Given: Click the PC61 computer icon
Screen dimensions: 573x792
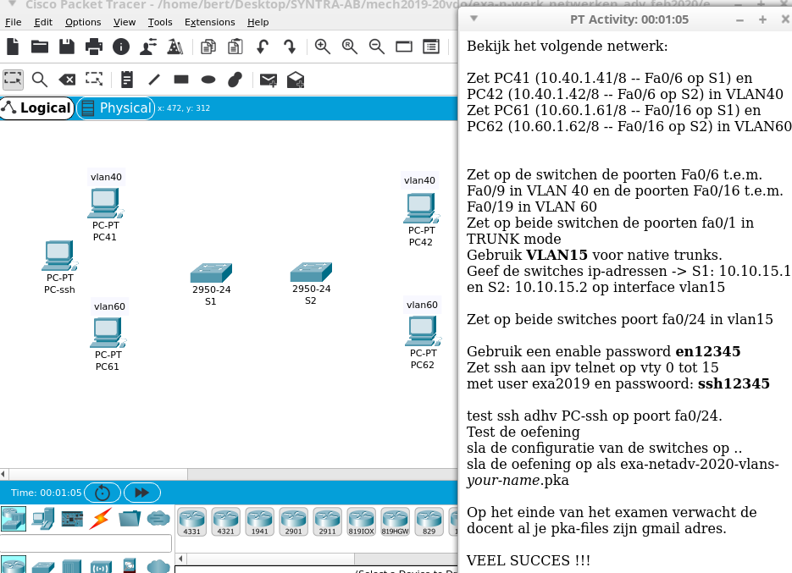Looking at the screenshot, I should (x=107, y=332).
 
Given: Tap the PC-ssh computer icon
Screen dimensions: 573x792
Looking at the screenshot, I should (x=58, y=255).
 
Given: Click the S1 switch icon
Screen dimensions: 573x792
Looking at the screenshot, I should (x=210, y=273).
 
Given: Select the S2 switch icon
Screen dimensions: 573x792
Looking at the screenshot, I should (x=310, y=272).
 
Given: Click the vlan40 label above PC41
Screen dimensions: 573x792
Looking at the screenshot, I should (x=106, y=177).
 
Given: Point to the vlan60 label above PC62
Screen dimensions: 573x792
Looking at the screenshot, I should (x=422, y=305).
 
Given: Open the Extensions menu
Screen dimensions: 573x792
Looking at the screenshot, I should (x=209, y=22).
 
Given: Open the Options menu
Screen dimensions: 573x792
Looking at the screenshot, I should (x=83, y=22).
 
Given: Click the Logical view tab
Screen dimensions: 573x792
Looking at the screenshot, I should (x=36, y=108).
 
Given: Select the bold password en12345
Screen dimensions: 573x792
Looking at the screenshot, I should (x=708, y=351).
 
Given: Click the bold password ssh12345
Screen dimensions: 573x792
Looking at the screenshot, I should (x=734, y=383).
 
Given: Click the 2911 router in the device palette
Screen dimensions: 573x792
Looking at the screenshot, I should (x=327, y=519).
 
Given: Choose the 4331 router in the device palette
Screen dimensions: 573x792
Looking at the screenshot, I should (x=191, y=519).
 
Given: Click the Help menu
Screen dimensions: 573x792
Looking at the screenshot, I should (x=258, y=22).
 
